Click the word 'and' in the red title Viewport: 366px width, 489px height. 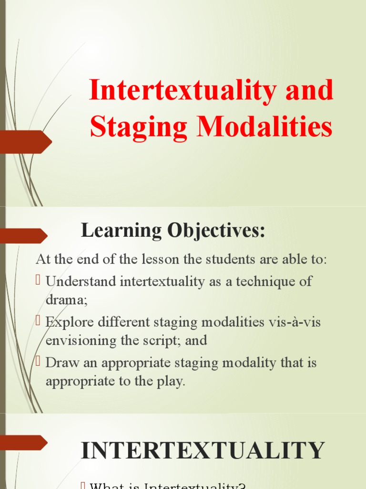pos(309,91)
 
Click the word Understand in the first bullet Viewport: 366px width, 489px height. pos(81,281)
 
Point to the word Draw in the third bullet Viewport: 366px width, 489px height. pos(60,362)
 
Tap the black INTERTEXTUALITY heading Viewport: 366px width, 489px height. pos(203,451)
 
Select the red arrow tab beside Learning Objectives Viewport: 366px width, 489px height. pos(23,235)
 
